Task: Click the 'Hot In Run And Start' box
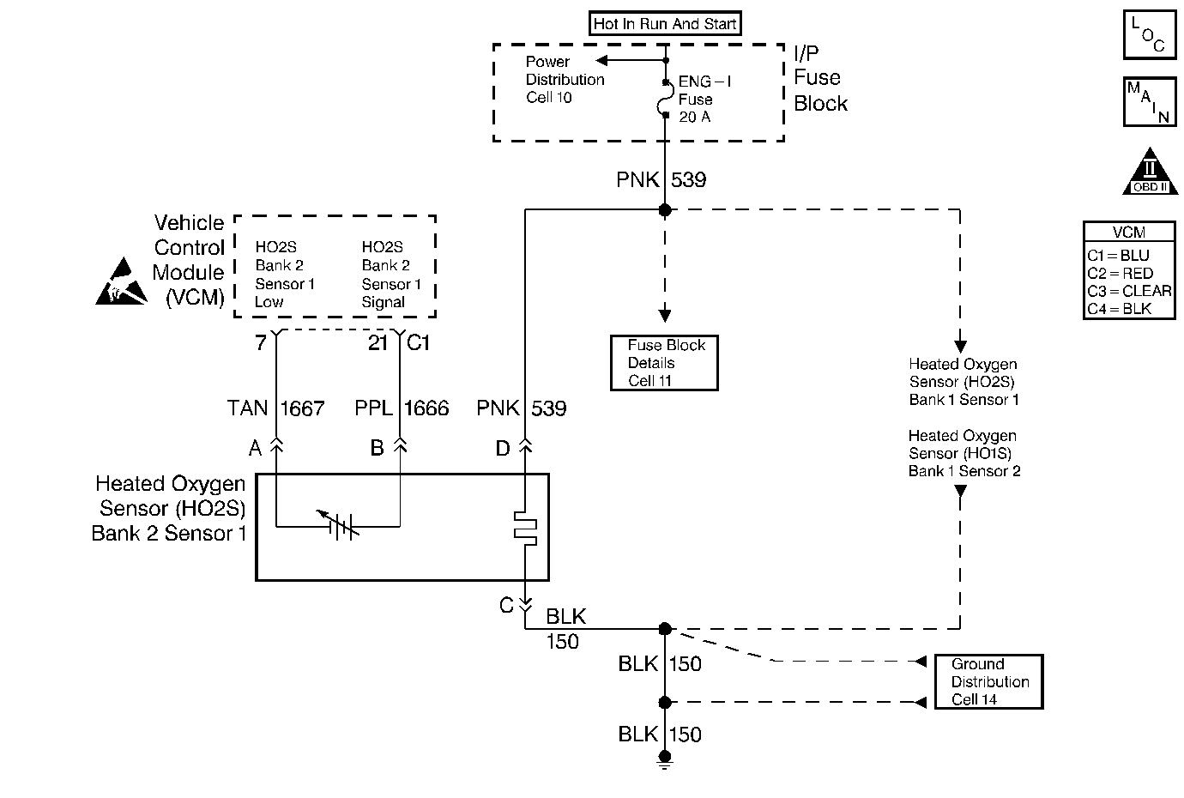tap(665, 24)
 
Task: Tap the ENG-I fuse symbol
tap(666, 100)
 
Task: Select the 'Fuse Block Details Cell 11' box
tap(663, 363)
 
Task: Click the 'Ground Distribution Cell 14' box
tap(988, 682)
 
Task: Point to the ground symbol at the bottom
tap(664, 757)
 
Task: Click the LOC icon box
tap(1149, 35)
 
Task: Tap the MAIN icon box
tap(1149, 102)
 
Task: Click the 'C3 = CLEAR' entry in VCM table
tap(1129, 291)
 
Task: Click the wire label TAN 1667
tap(275, 408)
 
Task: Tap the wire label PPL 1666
tap(402, 408)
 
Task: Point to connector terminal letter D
tap(503, 447)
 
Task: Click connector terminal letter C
tap(506, 606)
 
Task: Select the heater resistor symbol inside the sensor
tap(524, 528)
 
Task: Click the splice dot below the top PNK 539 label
tap(664, 209)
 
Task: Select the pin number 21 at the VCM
tap(378, 343)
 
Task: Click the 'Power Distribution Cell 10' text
tap(565, 80)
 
